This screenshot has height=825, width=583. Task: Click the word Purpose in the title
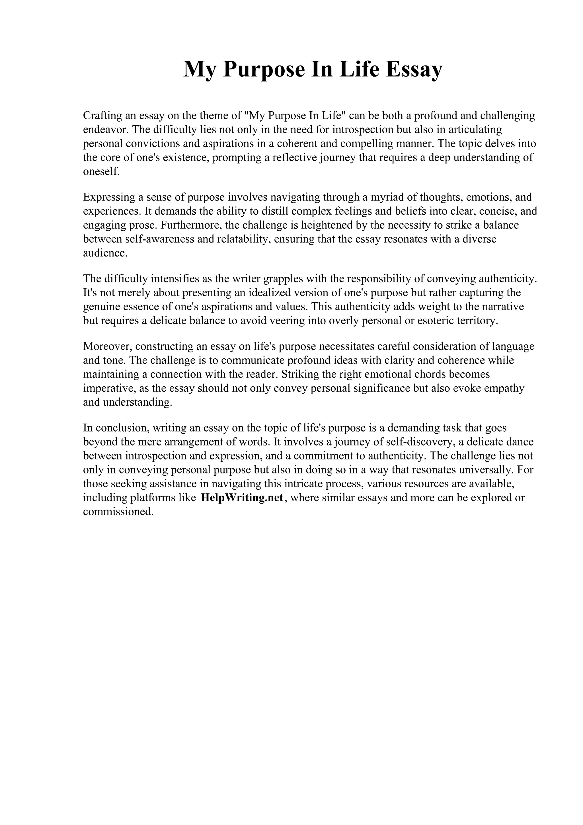click(263, 69)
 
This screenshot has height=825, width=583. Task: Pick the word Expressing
click(107, 197)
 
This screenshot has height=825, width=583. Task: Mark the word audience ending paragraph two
click(105, 253)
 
